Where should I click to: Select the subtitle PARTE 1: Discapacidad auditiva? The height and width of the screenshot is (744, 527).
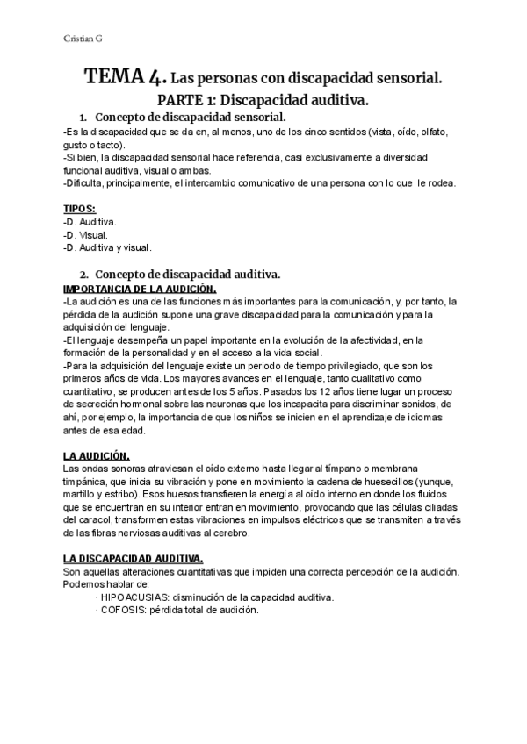click(x=263, y=100)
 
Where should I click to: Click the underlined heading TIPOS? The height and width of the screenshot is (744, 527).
click(x=80, y=209)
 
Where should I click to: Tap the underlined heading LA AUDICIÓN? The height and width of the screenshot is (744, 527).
click(x=97, y=456)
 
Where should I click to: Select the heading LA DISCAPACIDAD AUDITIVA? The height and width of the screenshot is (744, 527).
click(x=133, y=559)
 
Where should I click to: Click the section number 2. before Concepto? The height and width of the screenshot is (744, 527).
click(x=83, y=275)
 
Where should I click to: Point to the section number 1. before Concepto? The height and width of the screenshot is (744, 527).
click(x=83, y=118)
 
